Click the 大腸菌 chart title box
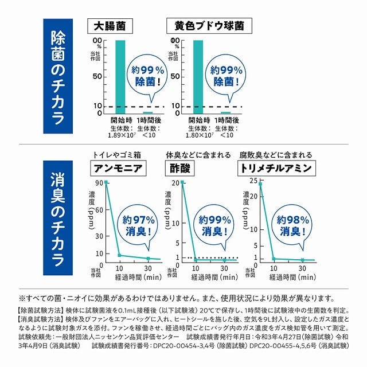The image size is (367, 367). (x=110, y=26)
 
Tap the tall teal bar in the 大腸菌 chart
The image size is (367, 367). (x=120, y=75)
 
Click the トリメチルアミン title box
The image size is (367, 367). (x=278, y=168)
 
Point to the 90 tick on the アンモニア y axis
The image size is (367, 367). (x=99, y=183)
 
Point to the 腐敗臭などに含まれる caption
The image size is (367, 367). (x=276, y=155)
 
